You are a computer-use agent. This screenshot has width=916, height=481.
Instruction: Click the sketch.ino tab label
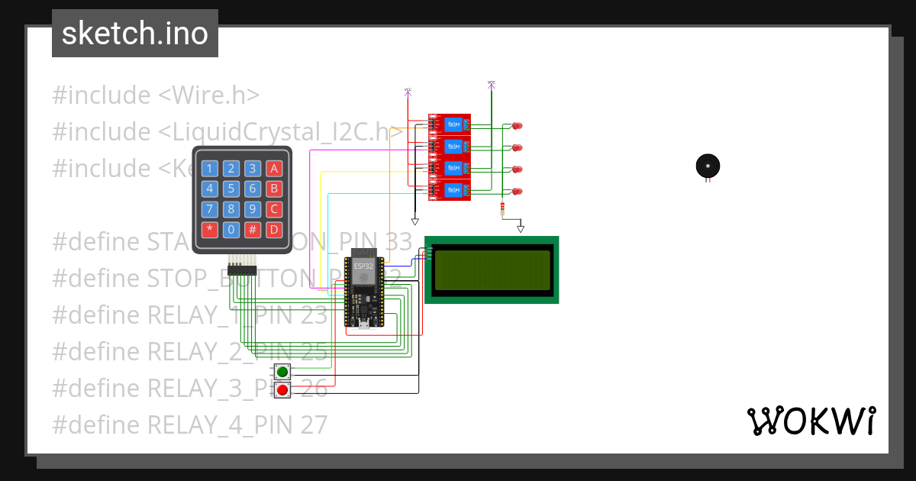click(x=135, y=34)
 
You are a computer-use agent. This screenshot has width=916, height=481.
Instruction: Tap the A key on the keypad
click(x=275, y=169)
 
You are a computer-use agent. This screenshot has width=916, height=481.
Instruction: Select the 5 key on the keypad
click(x=232, y=189)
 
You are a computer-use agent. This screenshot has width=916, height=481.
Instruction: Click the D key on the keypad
click(x=275, y=229)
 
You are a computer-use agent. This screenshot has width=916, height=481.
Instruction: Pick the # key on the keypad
click(x=253, y=229)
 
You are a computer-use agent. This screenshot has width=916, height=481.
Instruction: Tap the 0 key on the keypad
click(x=232, y=229)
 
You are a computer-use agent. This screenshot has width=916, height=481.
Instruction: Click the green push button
click(x=282, y=372)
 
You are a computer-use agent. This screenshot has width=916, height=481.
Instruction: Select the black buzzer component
click(x=708, y=166)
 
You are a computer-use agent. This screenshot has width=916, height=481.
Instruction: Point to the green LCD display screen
click(x=492, y=270)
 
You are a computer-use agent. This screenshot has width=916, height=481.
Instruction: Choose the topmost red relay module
click(x=449, y=124)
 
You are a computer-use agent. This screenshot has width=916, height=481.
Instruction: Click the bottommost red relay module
click(x=449, y=190)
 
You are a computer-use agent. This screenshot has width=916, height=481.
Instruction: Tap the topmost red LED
click(x=517, y=125)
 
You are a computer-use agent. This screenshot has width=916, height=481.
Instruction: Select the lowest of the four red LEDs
click(x=517, y=191)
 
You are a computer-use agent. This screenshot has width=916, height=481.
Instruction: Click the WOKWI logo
click(x=811, y=421)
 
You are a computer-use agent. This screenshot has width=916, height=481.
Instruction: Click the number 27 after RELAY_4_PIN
click(x=313, y=424)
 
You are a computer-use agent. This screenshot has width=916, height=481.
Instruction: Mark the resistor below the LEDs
click(x=502, y=209)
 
